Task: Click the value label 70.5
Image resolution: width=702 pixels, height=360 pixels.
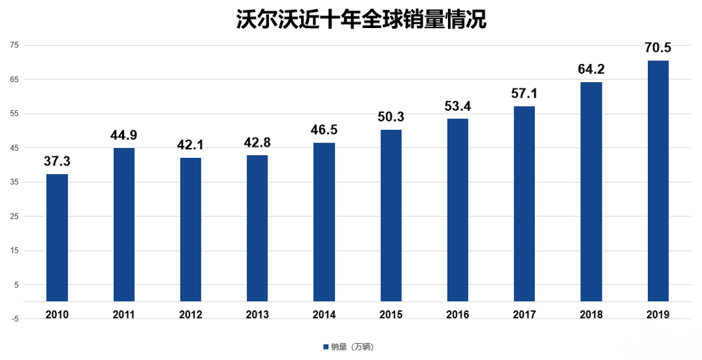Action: (x=658, y=48)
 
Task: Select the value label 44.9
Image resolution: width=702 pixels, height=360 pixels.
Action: (x=124, y=135)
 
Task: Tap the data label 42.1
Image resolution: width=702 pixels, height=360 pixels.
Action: (x=190, y=145)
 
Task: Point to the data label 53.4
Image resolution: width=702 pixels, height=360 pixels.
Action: (x=458, y=106)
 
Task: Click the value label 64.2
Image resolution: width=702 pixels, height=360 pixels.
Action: (x=591, y=69)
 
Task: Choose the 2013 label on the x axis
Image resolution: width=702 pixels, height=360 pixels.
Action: (x=257, y=314)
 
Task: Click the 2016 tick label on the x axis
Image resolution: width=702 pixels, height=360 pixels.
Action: (x=458, y=314)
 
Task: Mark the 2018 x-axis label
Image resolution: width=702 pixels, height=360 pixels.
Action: (x=591, y=314)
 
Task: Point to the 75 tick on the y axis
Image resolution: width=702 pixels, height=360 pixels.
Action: (x=14, y=45)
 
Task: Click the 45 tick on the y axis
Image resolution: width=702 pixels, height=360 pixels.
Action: (x=14, y=147)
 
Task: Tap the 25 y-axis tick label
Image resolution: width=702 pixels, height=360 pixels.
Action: (x=14, y=216)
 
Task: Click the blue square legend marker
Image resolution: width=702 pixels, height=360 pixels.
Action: (x=326, y=347)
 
